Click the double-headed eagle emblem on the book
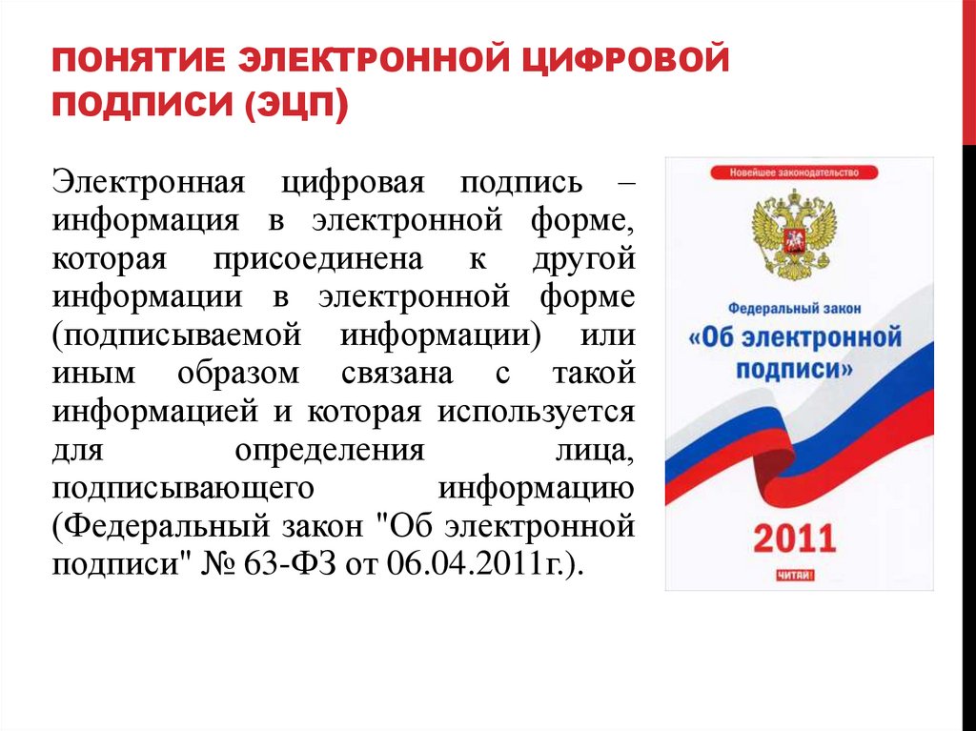click(x=793, y=233)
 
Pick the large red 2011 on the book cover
click(x=794, y=538)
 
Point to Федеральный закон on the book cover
click(x=794, y=310)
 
